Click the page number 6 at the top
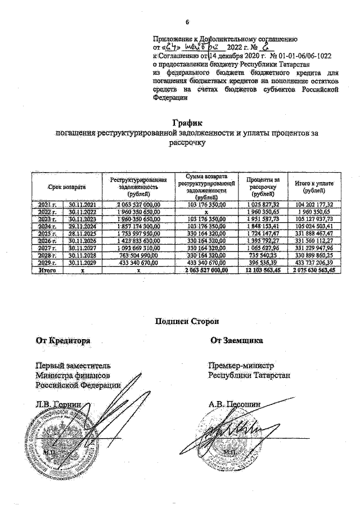coord(187,22)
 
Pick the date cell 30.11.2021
coord(83,205)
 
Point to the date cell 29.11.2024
coord(83,227)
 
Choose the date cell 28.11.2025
coord(83,234)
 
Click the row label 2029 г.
coord(48,263)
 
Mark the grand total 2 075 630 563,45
coord(314,271)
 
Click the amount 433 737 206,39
coord(314,263)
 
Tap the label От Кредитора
coord(60,340)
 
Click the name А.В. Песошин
coord(235,404)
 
